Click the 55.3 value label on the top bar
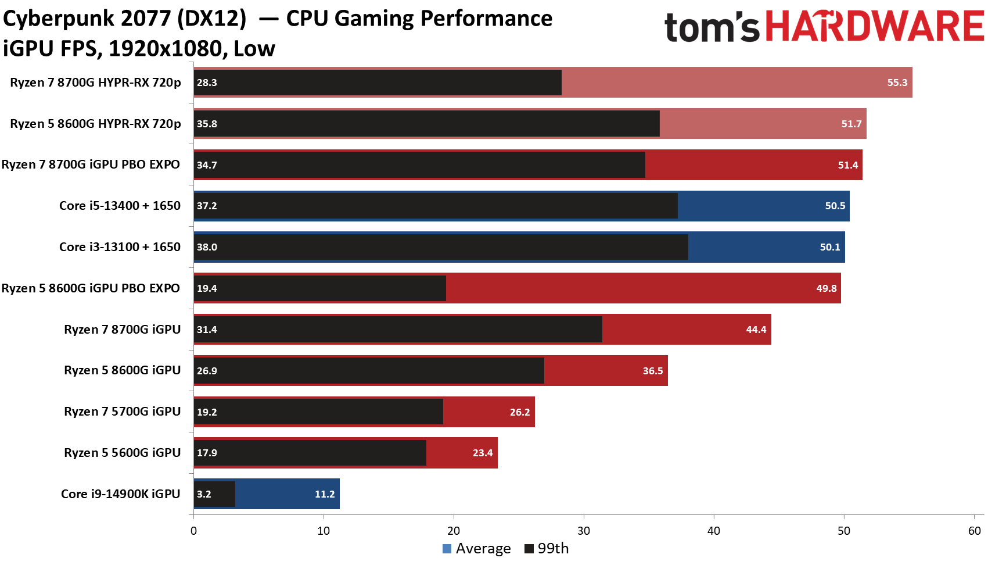pos(897,83)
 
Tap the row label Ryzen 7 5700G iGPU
pos(122,412)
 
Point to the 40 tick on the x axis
pos(714,531)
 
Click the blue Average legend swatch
pos(447,549)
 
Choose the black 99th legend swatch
pos(529,549)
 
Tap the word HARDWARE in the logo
pos(875,27)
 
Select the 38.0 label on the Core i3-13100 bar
pos(207,247)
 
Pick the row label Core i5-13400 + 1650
pos(120,206)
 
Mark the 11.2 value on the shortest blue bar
pos(325,494)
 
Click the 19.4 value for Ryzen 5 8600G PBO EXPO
pos(207,288)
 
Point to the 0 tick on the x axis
pos(193,531)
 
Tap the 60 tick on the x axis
pos(974,531)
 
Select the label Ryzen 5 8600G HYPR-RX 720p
pos(95,124)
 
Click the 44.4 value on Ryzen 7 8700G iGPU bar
pos(756,330)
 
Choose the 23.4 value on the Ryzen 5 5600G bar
pos(482,453)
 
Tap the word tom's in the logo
pos(712,28)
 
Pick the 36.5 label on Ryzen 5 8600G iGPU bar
pos(652,371)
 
